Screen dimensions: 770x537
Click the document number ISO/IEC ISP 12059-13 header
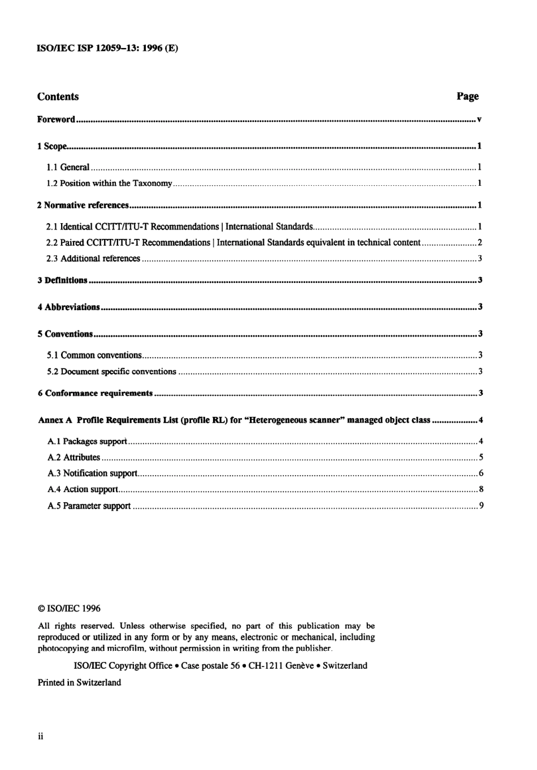click(107, 48)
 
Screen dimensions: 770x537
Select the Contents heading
click(58, 97)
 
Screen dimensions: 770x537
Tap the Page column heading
click(467, 97)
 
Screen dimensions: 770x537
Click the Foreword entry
click(56, 120)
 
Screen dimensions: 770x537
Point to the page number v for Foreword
click(479, 120)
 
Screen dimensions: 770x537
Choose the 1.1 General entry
click(68, 167)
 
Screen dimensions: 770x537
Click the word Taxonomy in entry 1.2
click(152, 183)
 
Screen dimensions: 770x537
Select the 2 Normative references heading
click(83, 205)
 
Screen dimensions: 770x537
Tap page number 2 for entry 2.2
click(479, 242)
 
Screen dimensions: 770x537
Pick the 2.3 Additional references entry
click(93, 259)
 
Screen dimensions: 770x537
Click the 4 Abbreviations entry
click(68, 307)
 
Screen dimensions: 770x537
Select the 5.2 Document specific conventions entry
click(111, 372)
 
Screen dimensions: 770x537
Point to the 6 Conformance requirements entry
click(95, 393)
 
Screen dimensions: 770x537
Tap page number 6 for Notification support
click(480, 473)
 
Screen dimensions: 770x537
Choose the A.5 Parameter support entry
click(89, 506)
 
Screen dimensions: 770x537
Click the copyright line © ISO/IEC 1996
click(69, 608)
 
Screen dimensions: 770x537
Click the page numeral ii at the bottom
click(41, 736)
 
